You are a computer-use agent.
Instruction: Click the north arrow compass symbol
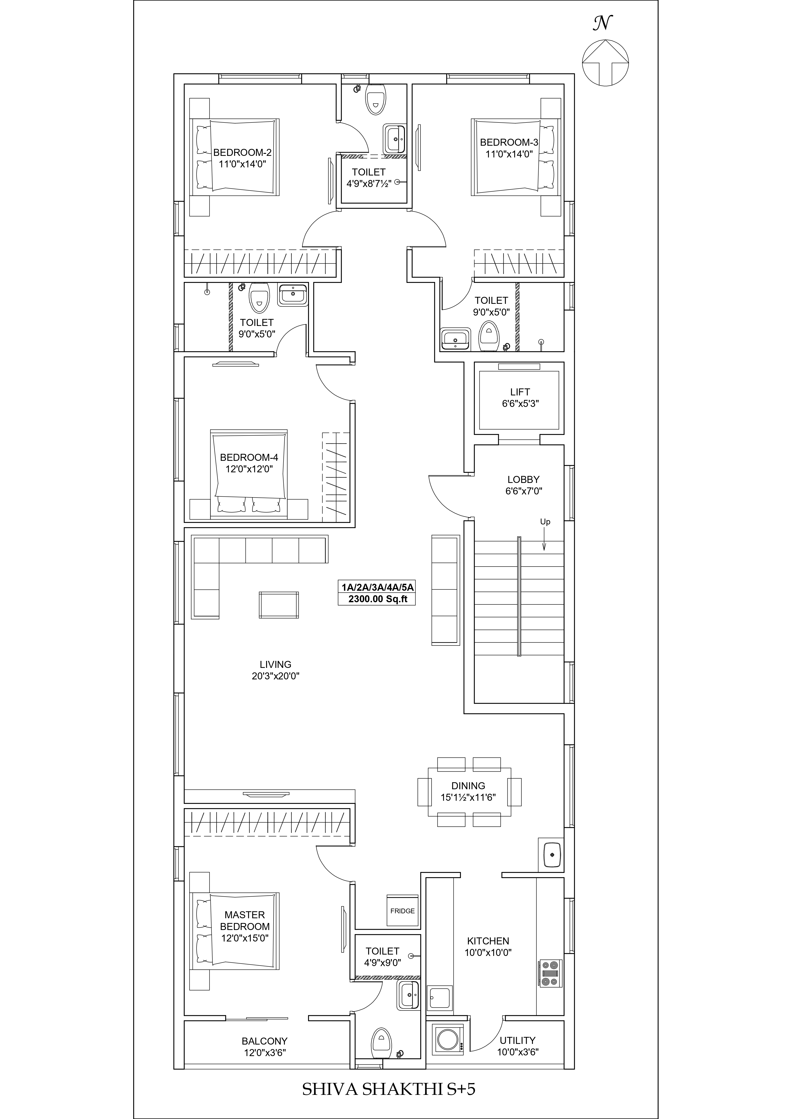(605, 63)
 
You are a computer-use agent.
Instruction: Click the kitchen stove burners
(550, 973)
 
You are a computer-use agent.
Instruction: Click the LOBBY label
(523, 480)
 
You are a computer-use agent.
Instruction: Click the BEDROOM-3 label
(509, 142)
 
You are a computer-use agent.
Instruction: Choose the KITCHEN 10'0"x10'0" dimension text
(488, 952)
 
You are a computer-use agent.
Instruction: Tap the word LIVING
(276, 664)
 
